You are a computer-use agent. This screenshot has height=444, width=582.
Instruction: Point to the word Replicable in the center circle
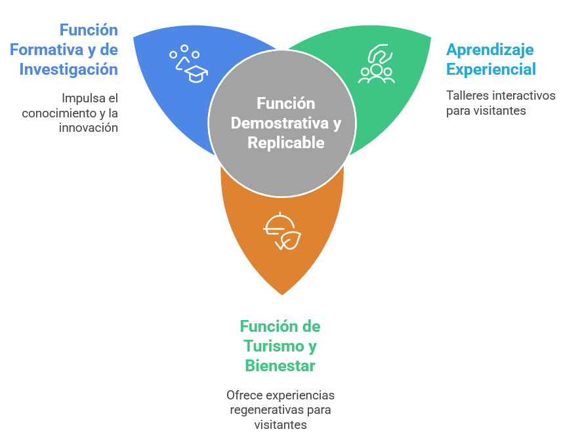pos(286,142)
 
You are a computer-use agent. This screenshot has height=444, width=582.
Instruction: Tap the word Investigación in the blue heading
pos(68,69)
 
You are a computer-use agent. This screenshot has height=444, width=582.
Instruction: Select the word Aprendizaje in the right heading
pos(490,49)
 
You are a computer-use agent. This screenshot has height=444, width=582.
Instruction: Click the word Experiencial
pos(491,69)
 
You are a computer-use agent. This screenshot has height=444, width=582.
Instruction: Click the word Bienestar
pos(280,365)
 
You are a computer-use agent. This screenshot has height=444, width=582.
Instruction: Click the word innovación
pos(88,127)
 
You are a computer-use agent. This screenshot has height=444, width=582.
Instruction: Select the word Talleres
pos(465,96)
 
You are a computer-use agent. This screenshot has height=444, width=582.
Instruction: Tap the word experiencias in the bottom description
pos(299,395)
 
